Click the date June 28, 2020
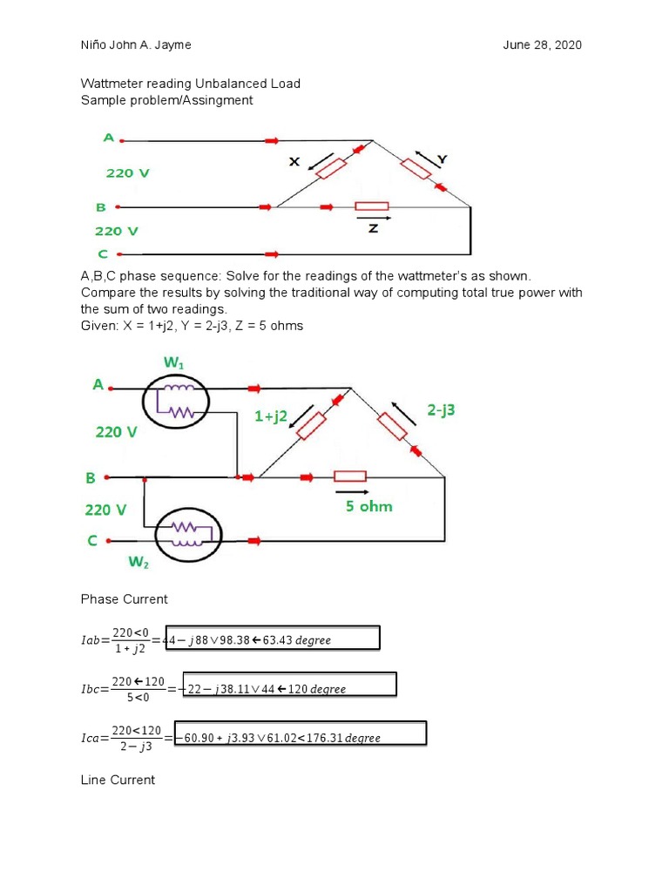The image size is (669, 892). pyautogui.click(x=542, y=45)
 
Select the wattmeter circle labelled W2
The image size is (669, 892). pyautogui.click(x=188, y=530)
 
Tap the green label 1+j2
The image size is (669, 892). pyautogui.click(x=270, y=417)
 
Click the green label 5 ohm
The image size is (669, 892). pyautogui.click(x=368, y=506)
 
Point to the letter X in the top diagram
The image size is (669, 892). pyautogui.click(x=294, y=161)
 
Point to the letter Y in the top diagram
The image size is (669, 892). pyautogui.click(x=442, y=159)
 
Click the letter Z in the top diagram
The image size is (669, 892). pyautogui.click(x=373, y=228)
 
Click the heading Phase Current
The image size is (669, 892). pyautogui.click(x=124, y=599)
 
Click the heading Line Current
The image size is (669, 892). pyautogui.click(x=118, y=780)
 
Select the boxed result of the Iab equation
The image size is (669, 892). pyautogui.click(x=278, y=639)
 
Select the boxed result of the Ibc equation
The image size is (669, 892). pyautogui.click(x=286, y=687)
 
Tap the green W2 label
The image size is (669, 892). pyautogui.click(x=139, y=563)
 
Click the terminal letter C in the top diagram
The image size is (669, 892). pyautogui.click(x=102, y=254)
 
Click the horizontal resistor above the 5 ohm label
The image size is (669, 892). pyautogui.click(x=350, y=476)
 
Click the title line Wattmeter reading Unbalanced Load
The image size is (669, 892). pyautogui.click(x=191, y=84)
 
